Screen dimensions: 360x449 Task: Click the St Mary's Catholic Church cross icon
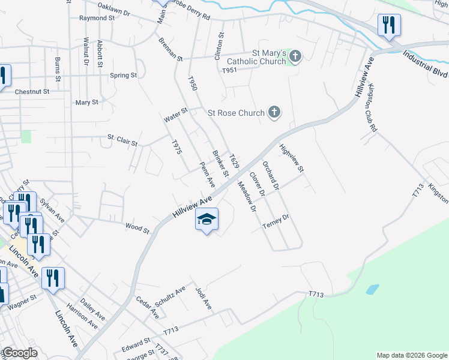tap(295, 56)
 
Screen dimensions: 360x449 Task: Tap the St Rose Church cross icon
tap(274, 112)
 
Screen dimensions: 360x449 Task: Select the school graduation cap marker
tap(206, 220)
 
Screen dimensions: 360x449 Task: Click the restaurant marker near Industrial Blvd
tap(389, 25)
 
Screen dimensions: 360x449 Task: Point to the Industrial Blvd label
tap(426, 64)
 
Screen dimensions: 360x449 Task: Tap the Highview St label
tap(292, 158)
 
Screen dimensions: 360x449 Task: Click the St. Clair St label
tap(122, 140)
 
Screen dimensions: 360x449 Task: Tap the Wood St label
tap(137, 227)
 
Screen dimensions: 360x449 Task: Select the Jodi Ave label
tap(203, 298)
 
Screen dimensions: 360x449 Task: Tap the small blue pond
tap(372, 289)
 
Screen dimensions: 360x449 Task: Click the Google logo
tap(19, 353)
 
